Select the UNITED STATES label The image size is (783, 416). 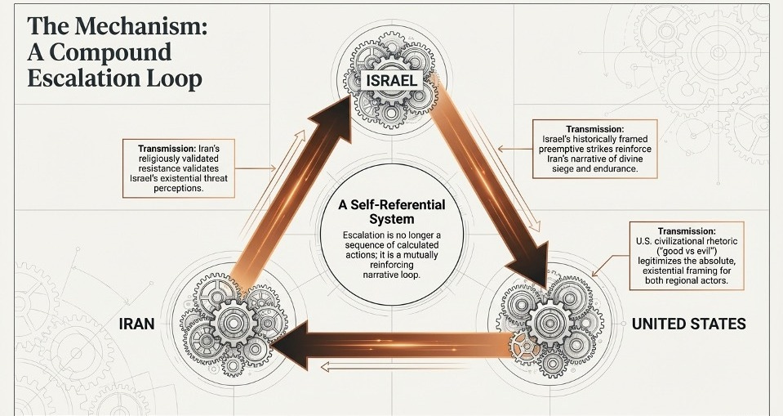point(688,324)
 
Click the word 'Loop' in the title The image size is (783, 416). point(173,79)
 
